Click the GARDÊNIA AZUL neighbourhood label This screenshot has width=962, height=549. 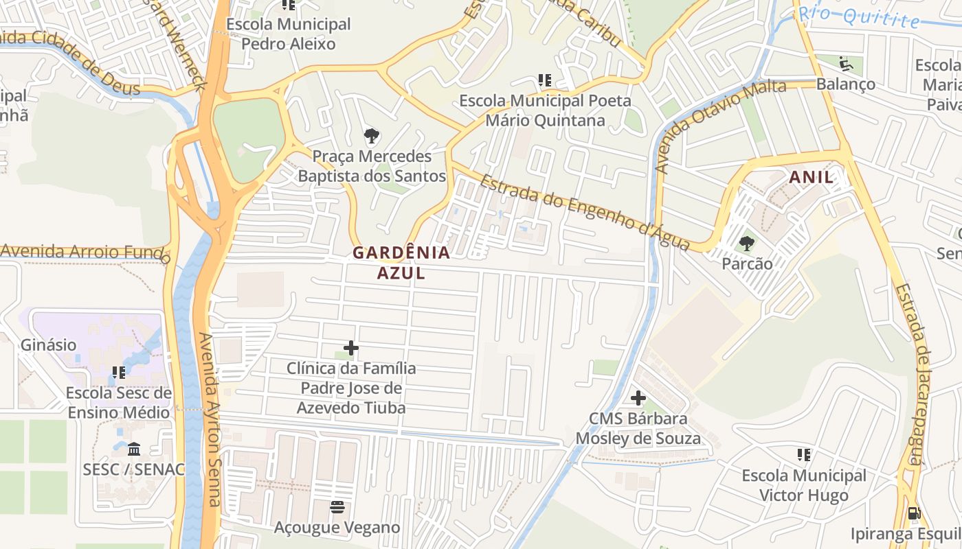[x=401, y=263]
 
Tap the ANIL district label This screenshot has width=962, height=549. [x=811, y=177]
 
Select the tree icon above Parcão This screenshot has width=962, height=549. [x=746, y=244]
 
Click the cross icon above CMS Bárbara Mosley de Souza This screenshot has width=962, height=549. [x=638, y=397]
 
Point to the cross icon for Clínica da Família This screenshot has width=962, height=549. [x=351, y=348]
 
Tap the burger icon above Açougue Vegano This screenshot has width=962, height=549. [x=337, y=508]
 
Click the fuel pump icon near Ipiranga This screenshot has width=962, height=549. [x=914, y=513]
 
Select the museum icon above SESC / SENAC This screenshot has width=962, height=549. [x=134, y=449]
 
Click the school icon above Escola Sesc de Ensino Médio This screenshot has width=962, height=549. [x=119, y=373]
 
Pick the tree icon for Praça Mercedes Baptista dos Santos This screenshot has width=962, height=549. [x=372, y=136]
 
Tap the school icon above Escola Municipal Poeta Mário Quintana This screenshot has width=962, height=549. [x=545, y=80]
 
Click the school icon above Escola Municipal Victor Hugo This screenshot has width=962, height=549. [x=804, y=455]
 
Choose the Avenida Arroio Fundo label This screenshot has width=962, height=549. [x=86, y=252]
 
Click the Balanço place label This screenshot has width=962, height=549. [x=845, y=84]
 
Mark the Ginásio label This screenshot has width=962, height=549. [x=48, y=345]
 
